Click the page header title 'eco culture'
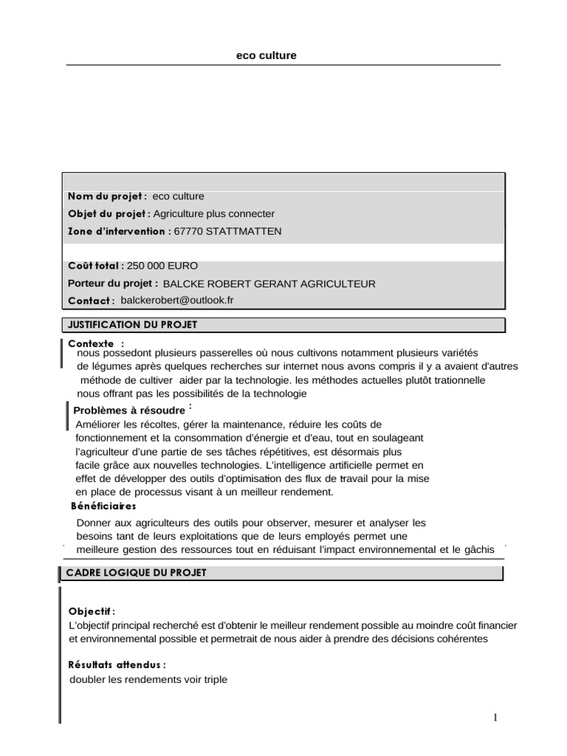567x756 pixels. pos(266,55)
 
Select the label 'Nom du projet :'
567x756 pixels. pos(108,196)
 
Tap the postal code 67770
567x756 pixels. pos(188,231)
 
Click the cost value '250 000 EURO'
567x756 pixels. pos(162,266)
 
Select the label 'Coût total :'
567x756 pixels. pos(96,266)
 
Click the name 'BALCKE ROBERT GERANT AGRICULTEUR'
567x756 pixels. pos(269,283)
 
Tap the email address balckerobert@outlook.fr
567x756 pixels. pos(176,300)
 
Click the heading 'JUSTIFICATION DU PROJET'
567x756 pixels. pos(132,324)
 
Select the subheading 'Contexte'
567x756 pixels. pos(91,343)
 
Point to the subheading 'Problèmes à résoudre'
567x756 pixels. pos(129,410)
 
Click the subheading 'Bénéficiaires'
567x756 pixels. pos(103,506)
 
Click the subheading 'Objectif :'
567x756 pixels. pos(92,612)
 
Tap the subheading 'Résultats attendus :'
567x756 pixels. pos(117,665)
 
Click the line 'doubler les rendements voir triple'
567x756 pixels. pos(148,680)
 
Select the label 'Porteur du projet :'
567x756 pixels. pos(113,283)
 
